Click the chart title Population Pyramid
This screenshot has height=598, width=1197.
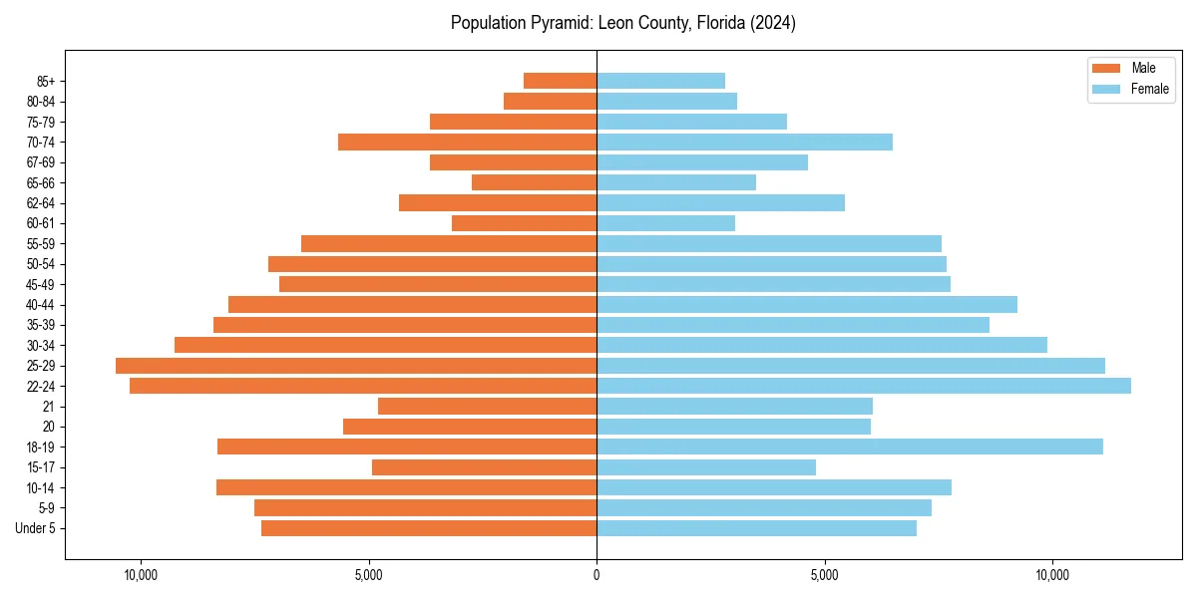[x=622, y=23]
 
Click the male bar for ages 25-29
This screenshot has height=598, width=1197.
[x=356, y=366]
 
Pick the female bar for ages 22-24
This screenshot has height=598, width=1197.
[x=864, y=386]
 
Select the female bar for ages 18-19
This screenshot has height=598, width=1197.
[x=850, y=447]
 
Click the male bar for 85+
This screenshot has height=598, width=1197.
[x=560, y=81]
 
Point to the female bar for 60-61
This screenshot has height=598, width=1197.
[x=665, y=223]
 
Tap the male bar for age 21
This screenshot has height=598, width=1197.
[x=487, y=407]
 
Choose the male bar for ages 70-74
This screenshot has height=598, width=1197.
[x=467, y=143]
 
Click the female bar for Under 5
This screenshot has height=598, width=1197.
[x=756, y=528]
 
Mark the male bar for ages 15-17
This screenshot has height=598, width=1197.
[x=484, y=467]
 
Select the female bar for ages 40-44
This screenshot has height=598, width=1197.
[x=807, y=305]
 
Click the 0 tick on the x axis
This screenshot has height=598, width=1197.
[x=597, y=575]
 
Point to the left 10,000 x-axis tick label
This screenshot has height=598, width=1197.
[x=141, y=575]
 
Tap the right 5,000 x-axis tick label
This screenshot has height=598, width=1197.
[x=824, y=575]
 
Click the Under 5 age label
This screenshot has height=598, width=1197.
[x=36, y=528]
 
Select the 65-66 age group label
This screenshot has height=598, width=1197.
[x=41, y=182]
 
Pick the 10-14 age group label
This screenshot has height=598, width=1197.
[x=41, y=487]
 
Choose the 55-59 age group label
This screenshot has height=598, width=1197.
[x=41, y=244]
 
